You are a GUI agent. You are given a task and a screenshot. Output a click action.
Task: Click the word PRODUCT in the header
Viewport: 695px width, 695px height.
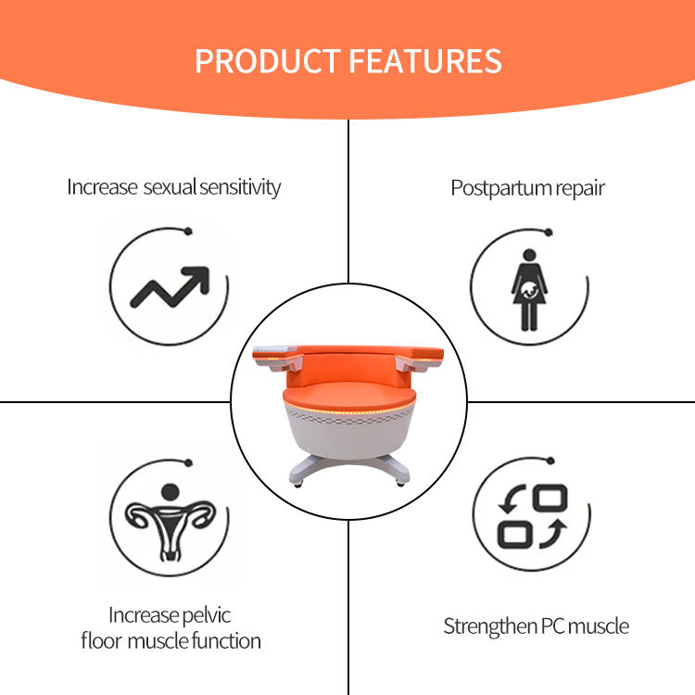(267, 60)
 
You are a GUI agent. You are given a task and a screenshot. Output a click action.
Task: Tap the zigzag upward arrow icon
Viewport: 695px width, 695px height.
(169, 288)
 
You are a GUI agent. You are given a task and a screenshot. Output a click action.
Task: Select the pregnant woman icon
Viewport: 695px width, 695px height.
(528, 288)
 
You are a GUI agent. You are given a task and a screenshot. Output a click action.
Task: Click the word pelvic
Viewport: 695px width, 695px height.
(207, 615)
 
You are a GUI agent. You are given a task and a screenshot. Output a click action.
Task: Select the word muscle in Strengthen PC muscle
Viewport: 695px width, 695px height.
(599, 626)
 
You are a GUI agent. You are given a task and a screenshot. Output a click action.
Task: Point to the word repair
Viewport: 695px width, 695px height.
(580, 188)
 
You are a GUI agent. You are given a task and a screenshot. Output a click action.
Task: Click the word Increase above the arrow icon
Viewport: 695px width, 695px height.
(102, 187)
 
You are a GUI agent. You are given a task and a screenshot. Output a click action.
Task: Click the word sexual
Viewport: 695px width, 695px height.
(172, 187)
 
